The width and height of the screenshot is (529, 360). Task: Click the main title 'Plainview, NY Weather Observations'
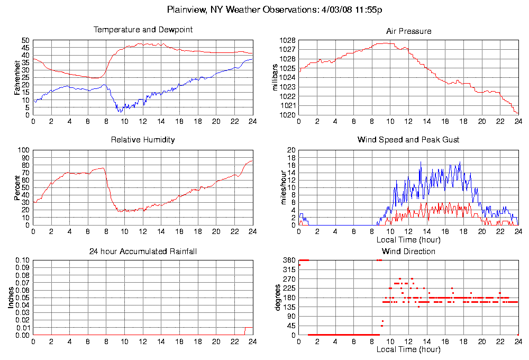(275, 10)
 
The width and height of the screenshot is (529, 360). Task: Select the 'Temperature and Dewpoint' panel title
(143, 30)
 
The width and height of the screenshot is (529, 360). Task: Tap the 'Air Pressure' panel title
(408, 31)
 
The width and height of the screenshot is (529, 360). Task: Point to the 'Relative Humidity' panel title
(143, 140)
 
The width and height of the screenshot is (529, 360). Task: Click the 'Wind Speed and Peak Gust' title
(408, 140)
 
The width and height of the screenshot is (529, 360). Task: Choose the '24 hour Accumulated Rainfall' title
(143, 251)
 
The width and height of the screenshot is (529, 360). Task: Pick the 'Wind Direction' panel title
(408, 251)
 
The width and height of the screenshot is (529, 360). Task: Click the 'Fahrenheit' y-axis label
(17, 77)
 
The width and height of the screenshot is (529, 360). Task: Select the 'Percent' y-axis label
(17, 187)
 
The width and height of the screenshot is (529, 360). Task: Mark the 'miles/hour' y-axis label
(284, 187)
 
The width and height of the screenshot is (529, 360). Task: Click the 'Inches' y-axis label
(11, 298)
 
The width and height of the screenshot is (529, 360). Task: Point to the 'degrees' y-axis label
(278, 298)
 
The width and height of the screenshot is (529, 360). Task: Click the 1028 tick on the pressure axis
(288, 40)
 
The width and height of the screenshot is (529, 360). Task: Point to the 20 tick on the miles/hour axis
(291, 150)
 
